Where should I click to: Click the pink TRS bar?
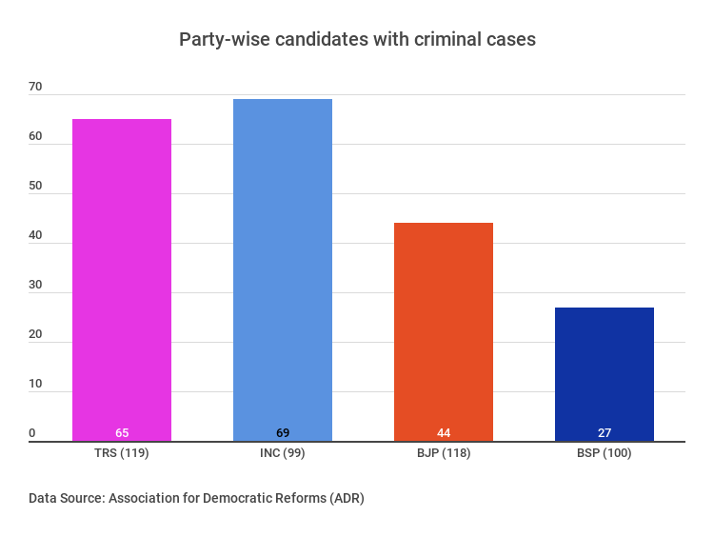click(x=122, y=276)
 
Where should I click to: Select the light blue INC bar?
click(x=283, y=267)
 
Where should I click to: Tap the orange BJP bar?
click(x=444, y=328)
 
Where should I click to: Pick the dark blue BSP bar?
click(x=605, y=371)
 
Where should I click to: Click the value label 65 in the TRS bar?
click(x=122, y=433)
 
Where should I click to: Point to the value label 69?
click(x=283, y=433)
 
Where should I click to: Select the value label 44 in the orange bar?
click(x=444, y=433)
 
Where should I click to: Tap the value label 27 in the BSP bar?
click(x=605, y=433)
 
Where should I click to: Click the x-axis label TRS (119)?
click(x=122, y=453)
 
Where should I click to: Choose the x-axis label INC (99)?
click(x=283, y=453)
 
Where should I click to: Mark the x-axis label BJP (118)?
click(x=444, y=453)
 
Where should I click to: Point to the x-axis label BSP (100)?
click(x=605, y=453)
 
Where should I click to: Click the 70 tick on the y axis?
click(x=35, y=87)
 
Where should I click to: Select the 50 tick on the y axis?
click(x=35, y=186)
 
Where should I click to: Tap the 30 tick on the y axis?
click(x=35, y=285)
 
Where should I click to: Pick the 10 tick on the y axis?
click(x=35, y=384)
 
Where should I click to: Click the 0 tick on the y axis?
click(x=31, y=433)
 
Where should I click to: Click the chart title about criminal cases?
click(x=357, y=40)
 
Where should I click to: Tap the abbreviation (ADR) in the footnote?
click(x=345, y=498)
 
